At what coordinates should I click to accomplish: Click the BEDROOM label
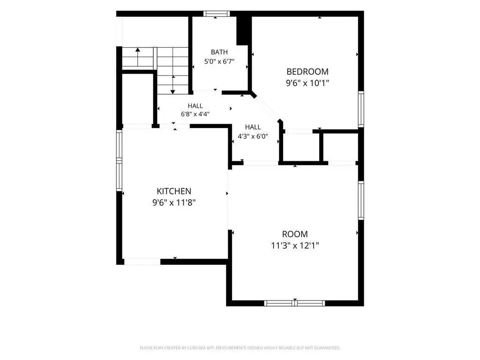307,72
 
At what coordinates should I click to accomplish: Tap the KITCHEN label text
174,191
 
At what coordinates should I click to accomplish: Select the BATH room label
219,52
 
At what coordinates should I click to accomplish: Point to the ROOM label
295,234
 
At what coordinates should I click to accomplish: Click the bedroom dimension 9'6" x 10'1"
307,83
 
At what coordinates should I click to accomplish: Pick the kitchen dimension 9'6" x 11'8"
174,202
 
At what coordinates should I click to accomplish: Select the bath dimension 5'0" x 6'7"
219,61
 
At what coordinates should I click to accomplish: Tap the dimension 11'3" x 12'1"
295,246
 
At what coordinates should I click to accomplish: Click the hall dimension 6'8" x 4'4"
195,114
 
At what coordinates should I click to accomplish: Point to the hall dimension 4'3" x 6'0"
253,136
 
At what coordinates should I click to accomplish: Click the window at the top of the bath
217,14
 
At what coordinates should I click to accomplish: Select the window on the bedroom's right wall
361,109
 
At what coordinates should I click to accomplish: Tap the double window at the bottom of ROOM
294,303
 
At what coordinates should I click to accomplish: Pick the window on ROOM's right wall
361,200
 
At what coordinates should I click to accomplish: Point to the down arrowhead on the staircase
172,91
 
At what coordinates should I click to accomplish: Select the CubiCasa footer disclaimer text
240,348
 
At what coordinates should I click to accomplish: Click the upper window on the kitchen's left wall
119,144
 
